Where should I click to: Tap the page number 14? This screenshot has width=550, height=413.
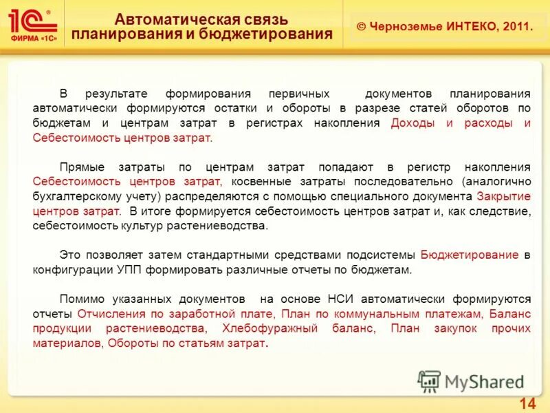pyautogui.click(x=527, y=403)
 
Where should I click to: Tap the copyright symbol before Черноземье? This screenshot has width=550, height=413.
pyautogui.click(x=361, y=26)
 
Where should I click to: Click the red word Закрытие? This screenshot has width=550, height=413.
pyautogui.click(x=503, y=196)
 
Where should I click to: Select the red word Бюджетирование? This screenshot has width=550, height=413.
pyautogui.click(x=469, y=255)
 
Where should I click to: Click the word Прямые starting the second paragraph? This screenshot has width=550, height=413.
pyautogui.click(x=80, y=167)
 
